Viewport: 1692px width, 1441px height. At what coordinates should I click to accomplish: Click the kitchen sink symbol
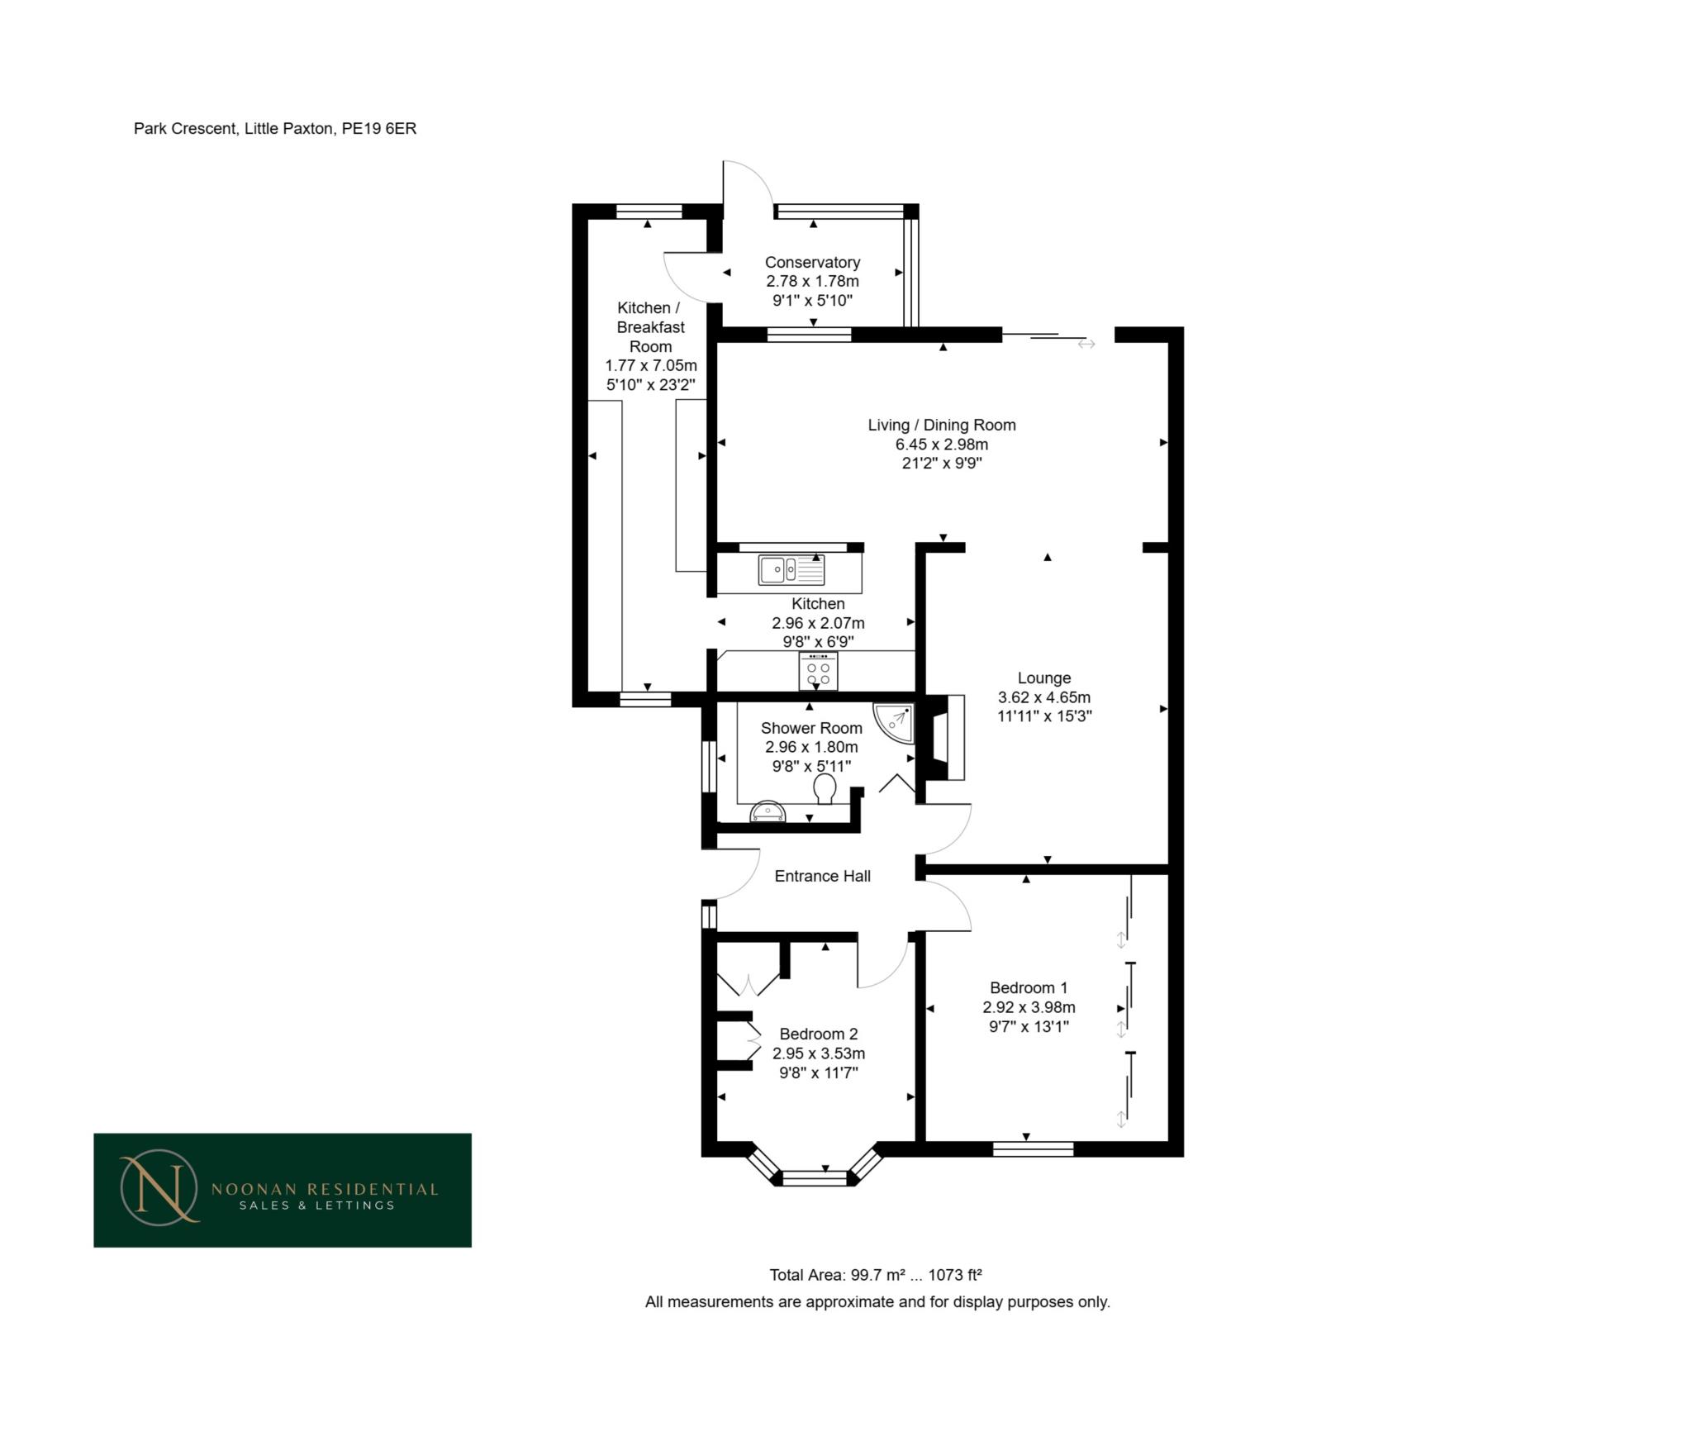791,569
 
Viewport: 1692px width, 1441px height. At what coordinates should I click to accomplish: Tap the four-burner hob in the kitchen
818,672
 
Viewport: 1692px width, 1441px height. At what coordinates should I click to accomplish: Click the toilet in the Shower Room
825,789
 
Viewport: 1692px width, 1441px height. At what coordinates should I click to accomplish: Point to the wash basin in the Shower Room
768,813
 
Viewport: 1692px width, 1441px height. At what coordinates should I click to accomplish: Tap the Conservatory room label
812,262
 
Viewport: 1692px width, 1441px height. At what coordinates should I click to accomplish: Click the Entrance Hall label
822,876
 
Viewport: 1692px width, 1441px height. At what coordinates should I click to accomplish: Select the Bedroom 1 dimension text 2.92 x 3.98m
1029,1007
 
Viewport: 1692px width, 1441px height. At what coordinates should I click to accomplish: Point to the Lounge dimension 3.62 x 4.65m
1044,697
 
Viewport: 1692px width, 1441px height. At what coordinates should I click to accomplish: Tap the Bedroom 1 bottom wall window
1033,1148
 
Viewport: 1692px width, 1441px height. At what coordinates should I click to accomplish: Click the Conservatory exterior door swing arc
750,179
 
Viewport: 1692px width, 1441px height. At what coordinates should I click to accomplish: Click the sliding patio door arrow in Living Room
1086,344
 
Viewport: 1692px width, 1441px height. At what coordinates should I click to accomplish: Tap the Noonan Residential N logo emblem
159,1187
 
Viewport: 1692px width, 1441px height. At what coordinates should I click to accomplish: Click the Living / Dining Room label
941,425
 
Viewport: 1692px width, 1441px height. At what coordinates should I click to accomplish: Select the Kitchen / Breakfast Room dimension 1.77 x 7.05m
650,365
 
